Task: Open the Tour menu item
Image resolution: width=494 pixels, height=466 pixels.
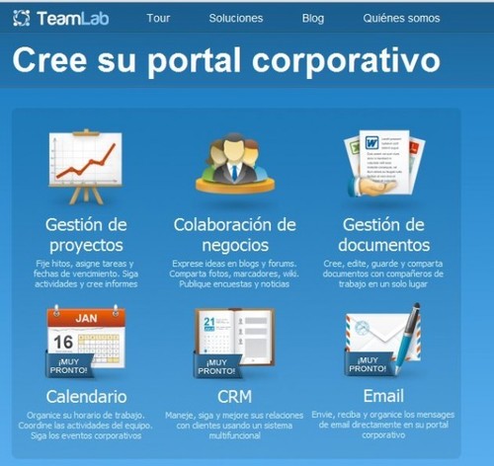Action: point(158,18)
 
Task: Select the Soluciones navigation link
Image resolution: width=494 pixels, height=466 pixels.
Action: point(235,18)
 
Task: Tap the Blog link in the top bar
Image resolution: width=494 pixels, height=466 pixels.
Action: point(312,18)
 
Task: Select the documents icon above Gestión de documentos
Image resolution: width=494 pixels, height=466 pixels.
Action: point(382,164)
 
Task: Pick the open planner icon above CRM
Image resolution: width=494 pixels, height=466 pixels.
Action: point(234,341)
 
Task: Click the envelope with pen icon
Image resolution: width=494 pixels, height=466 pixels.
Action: point(383,341)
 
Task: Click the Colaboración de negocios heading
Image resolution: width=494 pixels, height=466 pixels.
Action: point(234,234)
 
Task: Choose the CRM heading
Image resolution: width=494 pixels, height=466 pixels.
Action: point(234,397)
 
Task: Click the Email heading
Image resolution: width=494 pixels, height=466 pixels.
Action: point(383,397)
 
